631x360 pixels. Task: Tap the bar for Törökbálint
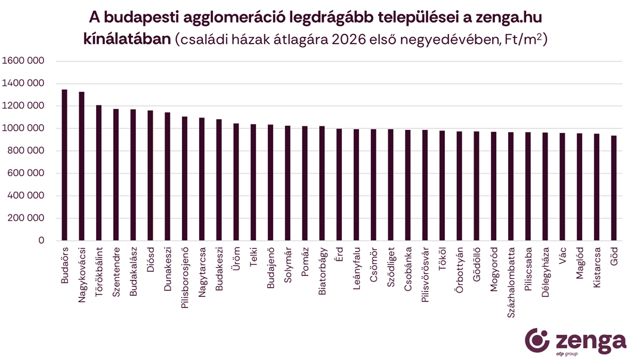coord(99,173)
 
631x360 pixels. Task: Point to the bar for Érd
coord(339,185)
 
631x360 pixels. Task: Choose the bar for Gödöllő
coord(477,186)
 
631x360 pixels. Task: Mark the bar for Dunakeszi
coord(168,176)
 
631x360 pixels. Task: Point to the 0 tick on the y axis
coord(41,240)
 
